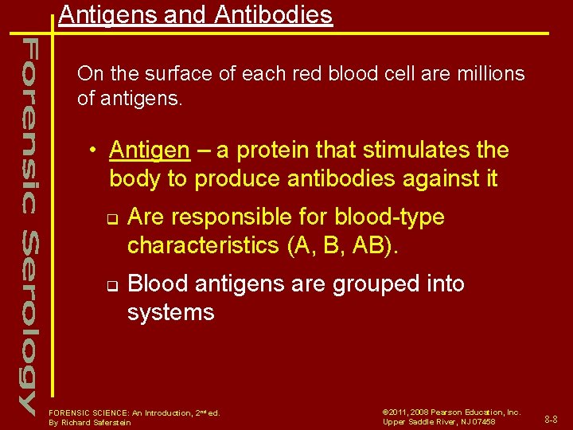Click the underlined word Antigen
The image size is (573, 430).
pos(150,150)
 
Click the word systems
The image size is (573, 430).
pos(170,312)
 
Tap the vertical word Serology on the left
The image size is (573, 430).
pos(28,322)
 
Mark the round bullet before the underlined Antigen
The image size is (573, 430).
pos(94,150)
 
